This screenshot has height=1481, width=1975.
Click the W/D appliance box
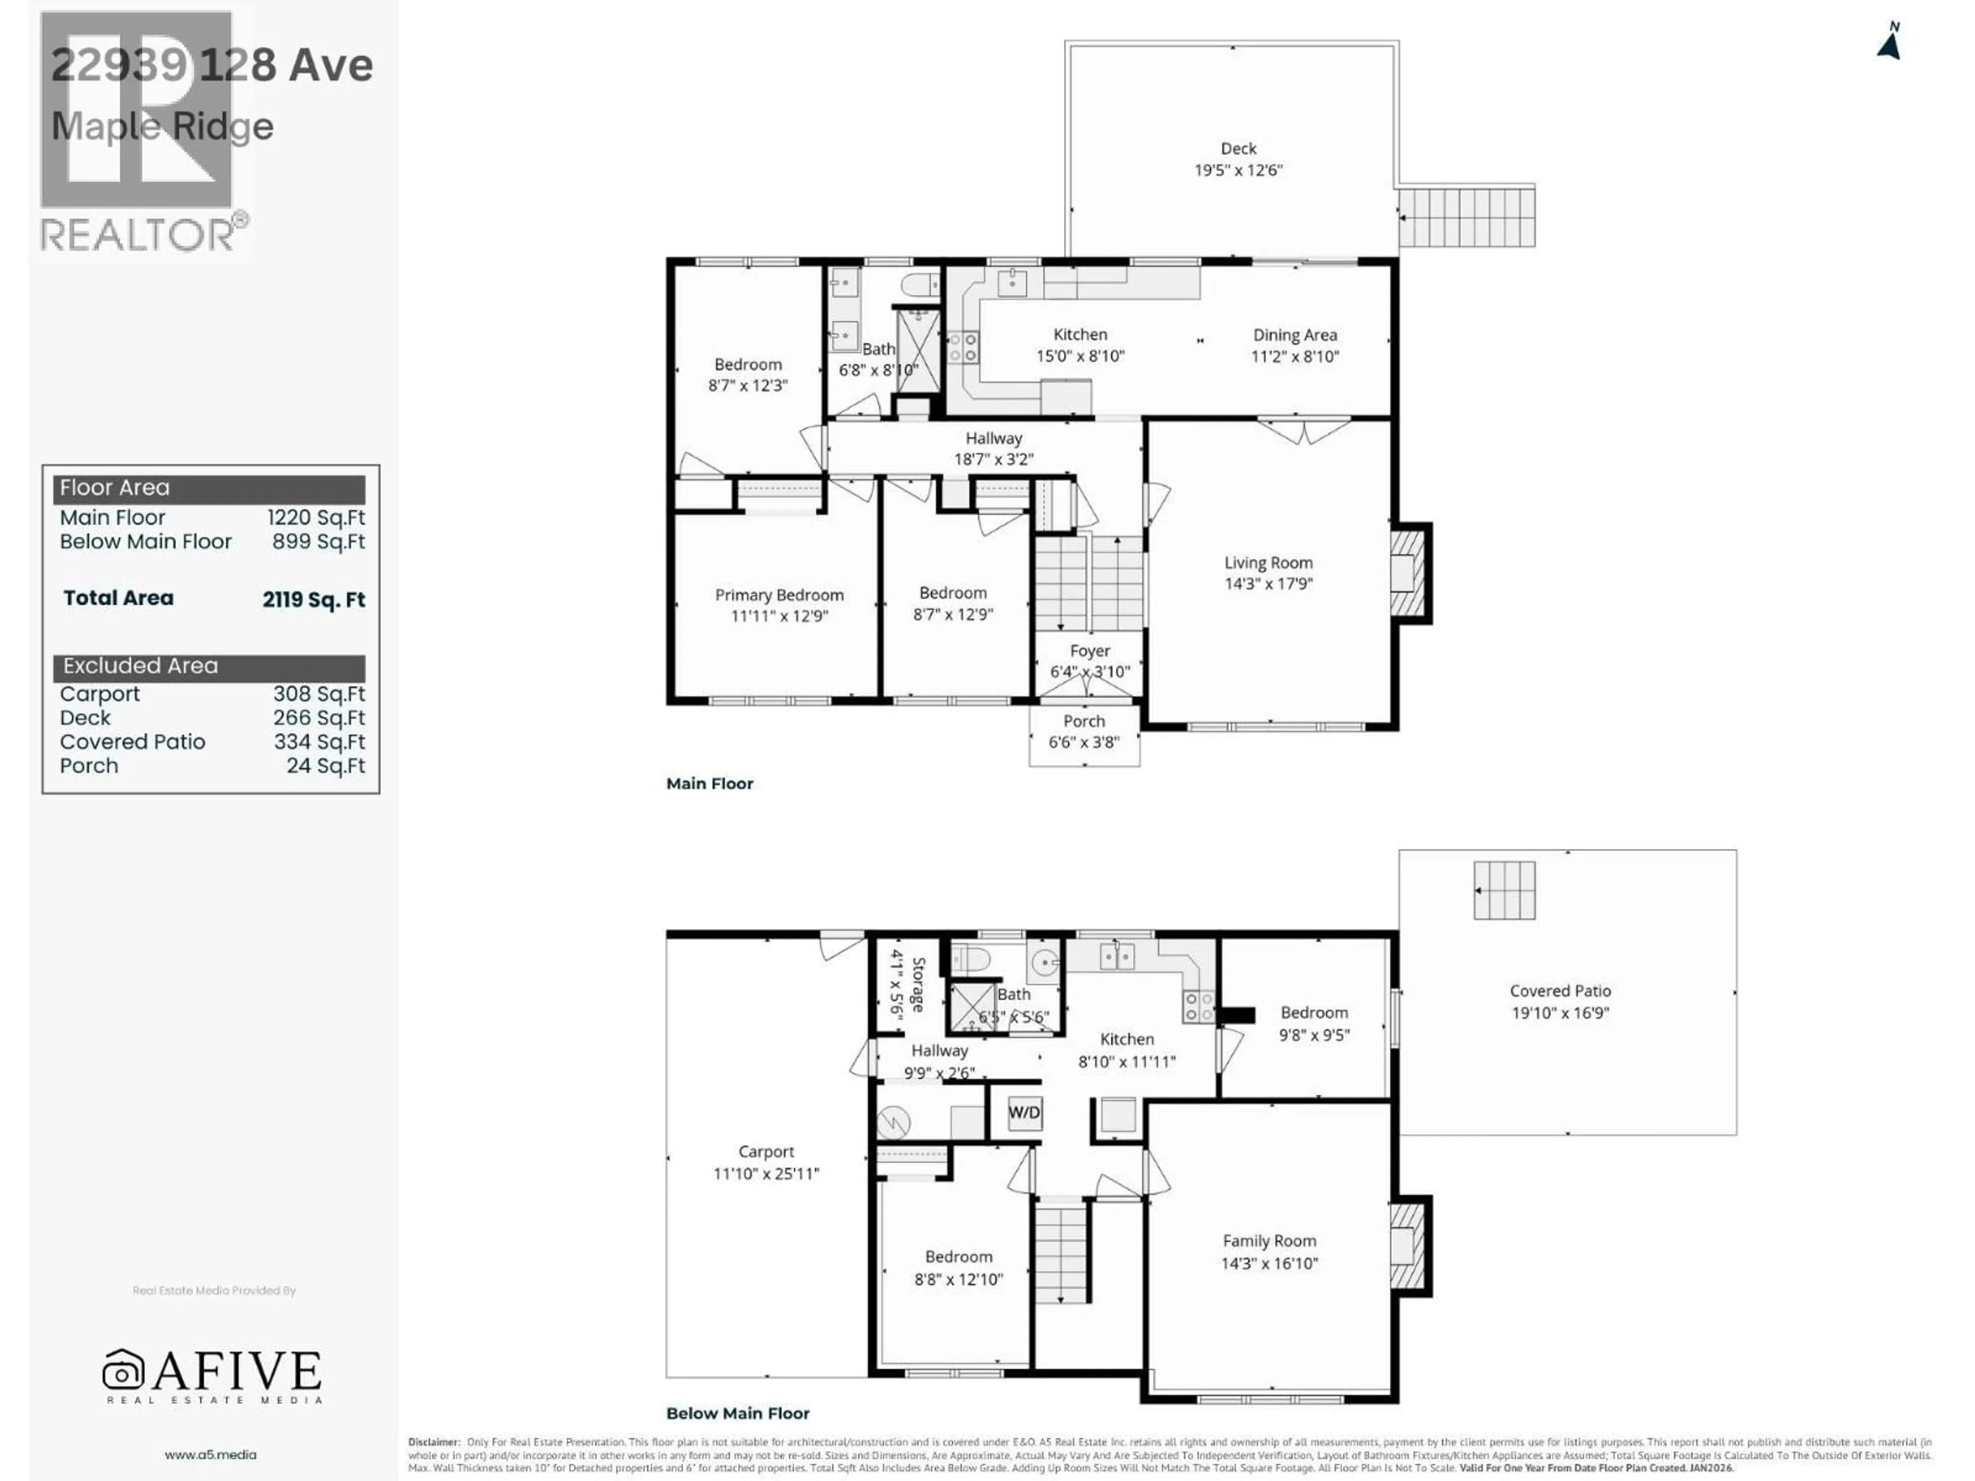1024,1112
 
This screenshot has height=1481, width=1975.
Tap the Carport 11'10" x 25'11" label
765,1162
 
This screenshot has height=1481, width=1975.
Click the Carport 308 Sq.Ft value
319,694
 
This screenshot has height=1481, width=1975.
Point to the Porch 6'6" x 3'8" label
1083,731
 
